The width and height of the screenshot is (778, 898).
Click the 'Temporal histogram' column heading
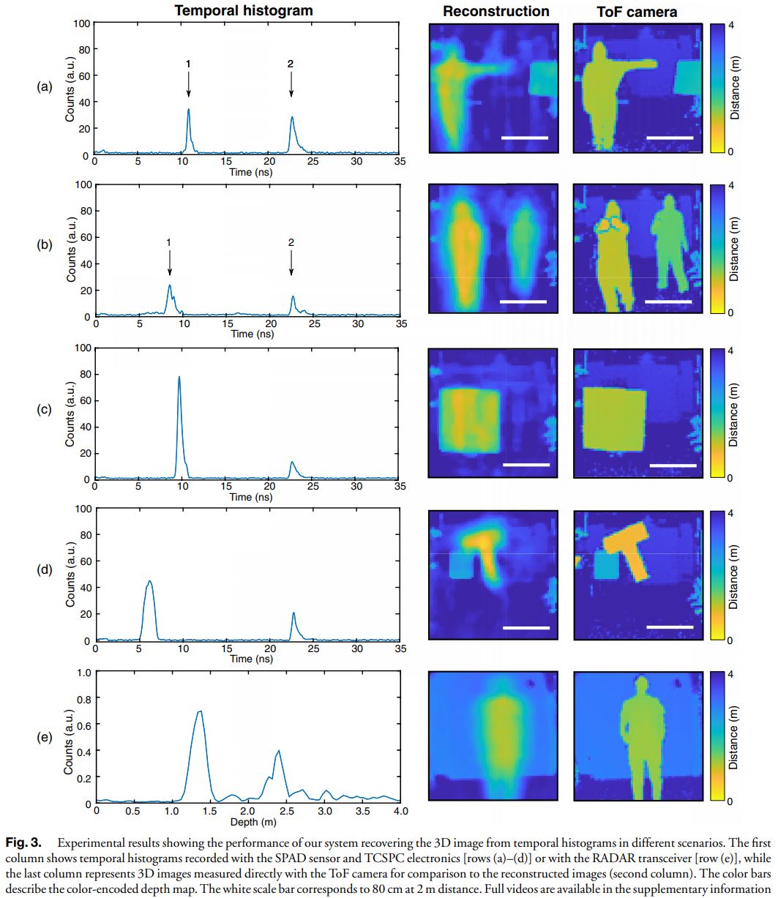[x=243, y=10]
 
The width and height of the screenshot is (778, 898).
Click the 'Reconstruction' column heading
[x=495, y=11]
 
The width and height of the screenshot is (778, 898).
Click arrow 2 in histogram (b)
[x=291, y=261]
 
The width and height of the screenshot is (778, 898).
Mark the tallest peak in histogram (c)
[x=179, y=378]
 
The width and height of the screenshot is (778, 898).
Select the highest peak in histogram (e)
[x=198, y=712]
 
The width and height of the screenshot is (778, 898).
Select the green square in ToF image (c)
[x=613, y=421]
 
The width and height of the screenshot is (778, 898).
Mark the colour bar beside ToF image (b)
[x=717, y=249]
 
